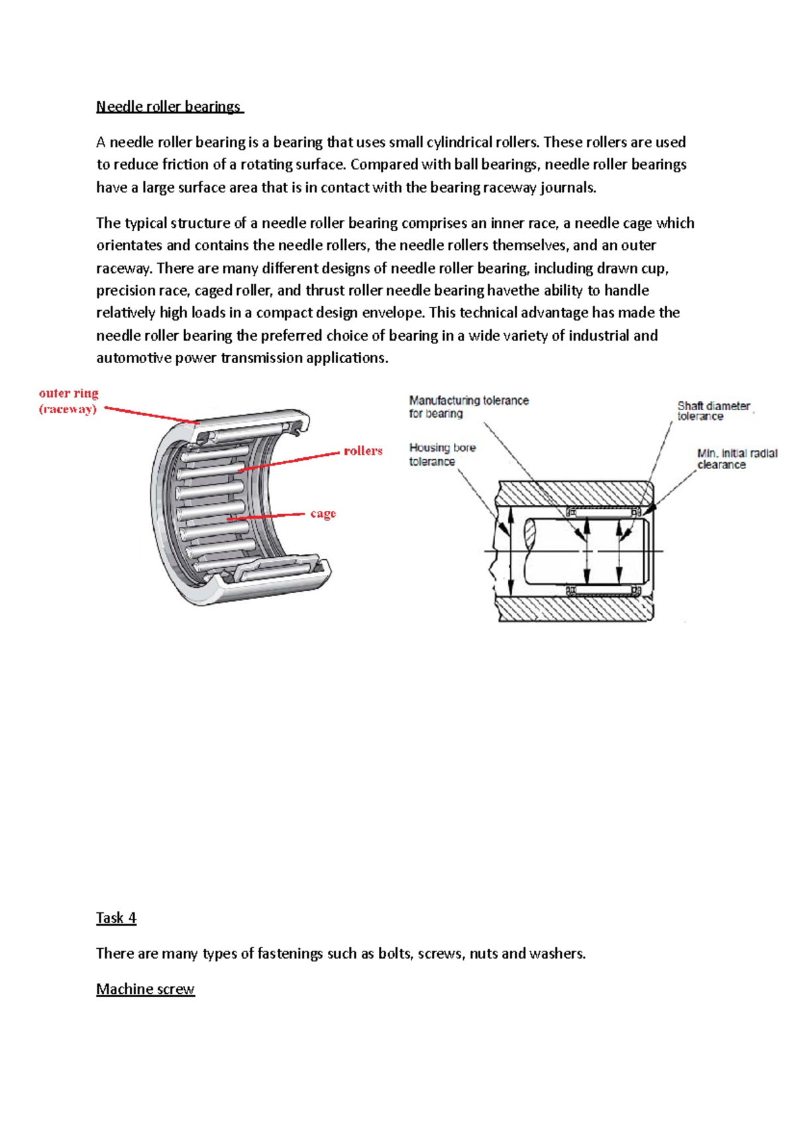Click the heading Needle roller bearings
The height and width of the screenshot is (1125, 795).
pyautogui.click(x=169, y=107)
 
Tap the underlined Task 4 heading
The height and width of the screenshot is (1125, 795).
pyautogui.click(x=116, y=918)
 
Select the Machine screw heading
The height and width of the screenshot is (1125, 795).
pyautogui.click(x=145, y=989)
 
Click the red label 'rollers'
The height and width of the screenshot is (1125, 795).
pyautogui.click(x=362, y=451)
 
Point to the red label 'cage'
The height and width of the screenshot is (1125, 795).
pyautogui.click(x=323, y=513)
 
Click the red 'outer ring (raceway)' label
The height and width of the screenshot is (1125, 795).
pyautogui.click(x=68, y=401)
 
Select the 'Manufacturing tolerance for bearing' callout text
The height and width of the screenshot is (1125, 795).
pyautogui.click(x=468, y=407)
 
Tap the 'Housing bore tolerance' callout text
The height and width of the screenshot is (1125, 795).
pyautogui.click(x=442, y=455)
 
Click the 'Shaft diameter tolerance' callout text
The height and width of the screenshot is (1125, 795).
pyautogui.click(x=713, y=411)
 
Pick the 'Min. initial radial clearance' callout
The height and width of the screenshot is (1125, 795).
pyautogui.click(x=736, y=459)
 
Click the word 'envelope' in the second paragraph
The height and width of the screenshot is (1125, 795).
pyautogui.click(x=393, y=313)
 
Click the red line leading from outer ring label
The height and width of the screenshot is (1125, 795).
pyautogui.click(x=151, y=415)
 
